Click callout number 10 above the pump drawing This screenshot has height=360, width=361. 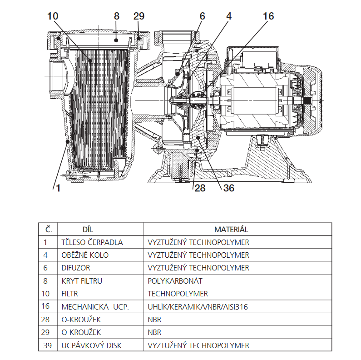(x=53, y=16)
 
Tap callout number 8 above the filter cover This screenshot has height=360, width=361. (x=117, y=16)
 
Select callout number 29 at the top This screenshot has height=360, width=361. (x=139, y=16)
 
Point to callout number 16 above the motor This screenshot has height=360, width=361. (x=268, y=16)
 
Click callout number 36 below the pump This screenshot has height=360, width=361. (x=228, y=188)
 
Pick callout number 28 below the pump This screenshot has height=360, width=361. (x=200, y=188)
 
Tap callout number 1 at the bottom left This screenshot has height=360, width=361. (x=58, y=188)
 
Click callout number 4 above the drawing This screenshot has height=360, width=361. (x=228, y=16)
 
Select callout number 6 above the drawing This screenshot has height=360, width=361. (x=202, y=16)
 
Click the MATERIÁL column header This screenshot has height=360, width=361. (x=231, y=230)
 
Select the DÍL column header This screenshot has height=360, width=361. (x=88, y=230)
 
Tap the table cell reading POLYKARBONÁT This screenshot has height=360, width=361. (x=175, y=281)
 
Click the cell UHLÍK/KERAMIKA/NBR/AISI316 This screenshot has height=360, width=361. (x=198, y=307)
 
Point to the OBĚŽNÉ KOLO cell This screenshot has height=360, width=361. (x=85, y=255)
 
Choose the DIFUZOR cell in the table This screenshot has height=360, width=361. (x=76, y=268)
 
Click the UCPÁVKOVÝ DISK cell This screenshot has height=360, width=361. (x=91, y=345)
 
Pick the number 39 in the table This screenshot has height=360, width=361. (x=47, y=345)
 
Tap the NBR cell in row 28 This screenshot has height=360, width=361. (x=154, y=320)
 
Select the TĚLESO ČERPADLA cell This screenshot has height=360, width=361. (x=92, y=242)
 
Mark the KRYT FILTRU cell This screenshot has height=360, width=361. (x=82, y=281)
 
